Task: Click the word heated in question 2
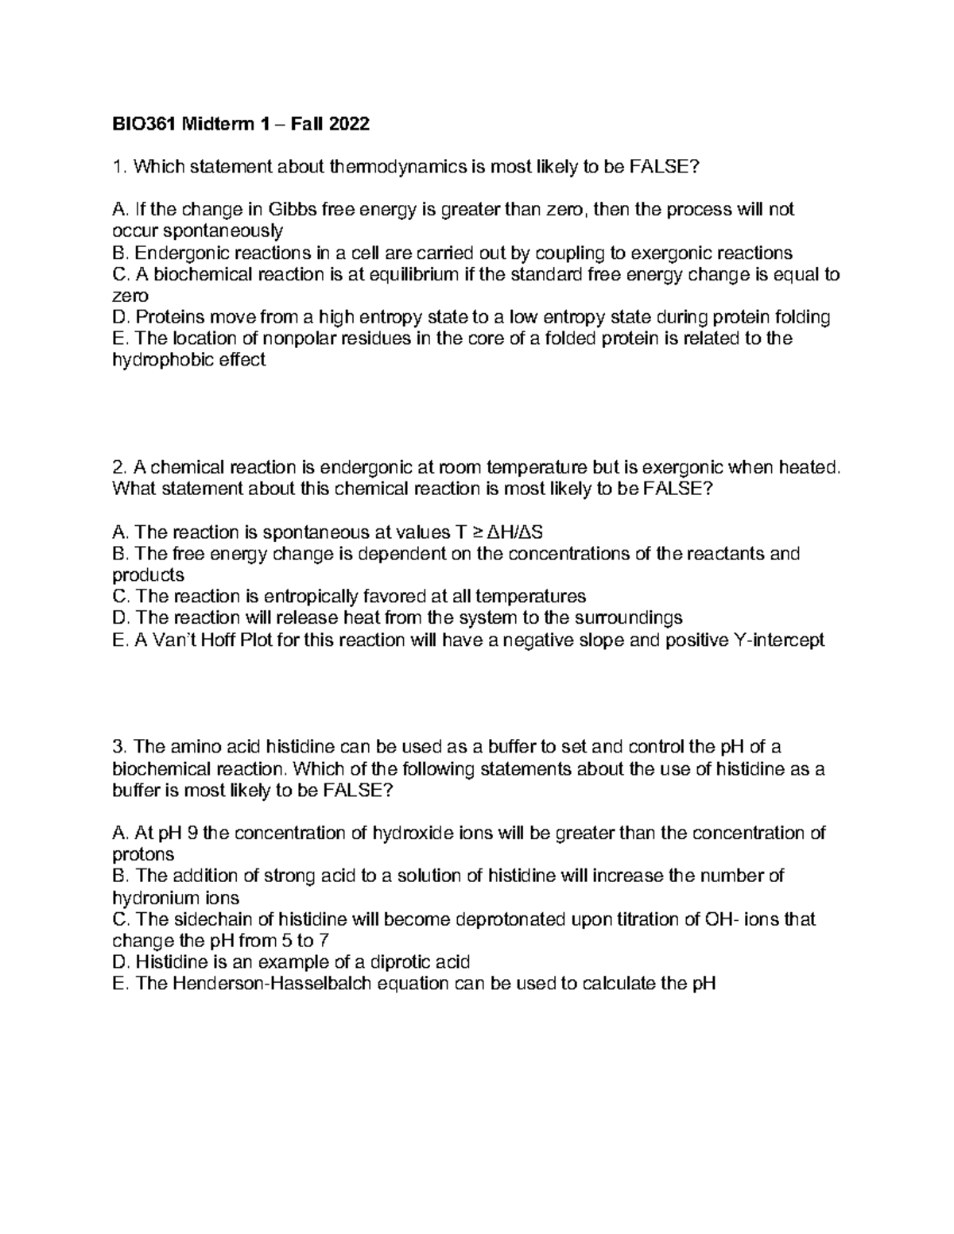(x=809, y=467)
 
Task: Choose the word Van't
(x=174, y=640)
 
